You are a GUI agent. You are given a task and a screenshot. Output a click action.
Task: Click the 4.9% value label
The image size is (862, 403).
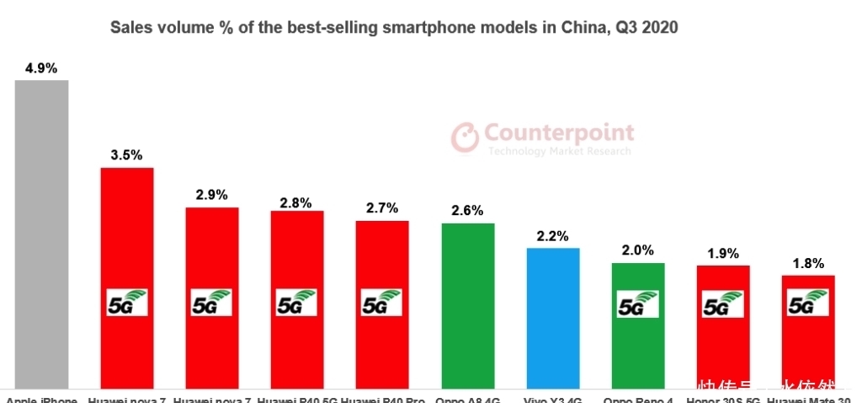41,68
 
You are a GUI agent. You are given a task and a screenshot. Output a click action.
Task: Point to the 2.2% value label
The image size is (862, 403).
553,235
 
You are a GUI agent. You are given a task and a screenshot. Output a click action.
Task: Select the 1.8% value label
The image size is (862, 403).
808,262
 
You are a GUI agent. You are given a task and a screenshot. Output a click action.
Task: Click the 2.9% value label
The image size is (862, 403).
211,195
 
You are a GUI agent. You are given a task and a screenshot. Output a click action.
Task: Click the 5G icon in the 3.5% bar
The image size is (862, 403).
127,303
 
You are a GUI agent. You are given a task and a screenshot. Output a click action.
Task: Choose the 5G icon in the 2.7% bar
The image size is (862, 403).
382,303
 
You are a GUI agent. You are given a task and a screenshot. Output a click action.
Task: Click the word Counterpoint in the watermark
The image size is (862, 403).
559,133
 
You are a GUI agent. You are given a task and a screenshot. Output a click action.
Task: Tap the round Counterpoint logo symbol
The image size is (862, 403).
465,137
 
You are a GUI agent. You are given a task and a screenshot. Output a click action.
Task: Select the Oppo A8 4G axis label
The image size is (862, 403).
468,399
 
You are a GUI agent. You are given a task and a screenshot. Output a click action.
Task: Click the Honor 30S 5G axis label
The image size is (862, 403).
722,399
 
